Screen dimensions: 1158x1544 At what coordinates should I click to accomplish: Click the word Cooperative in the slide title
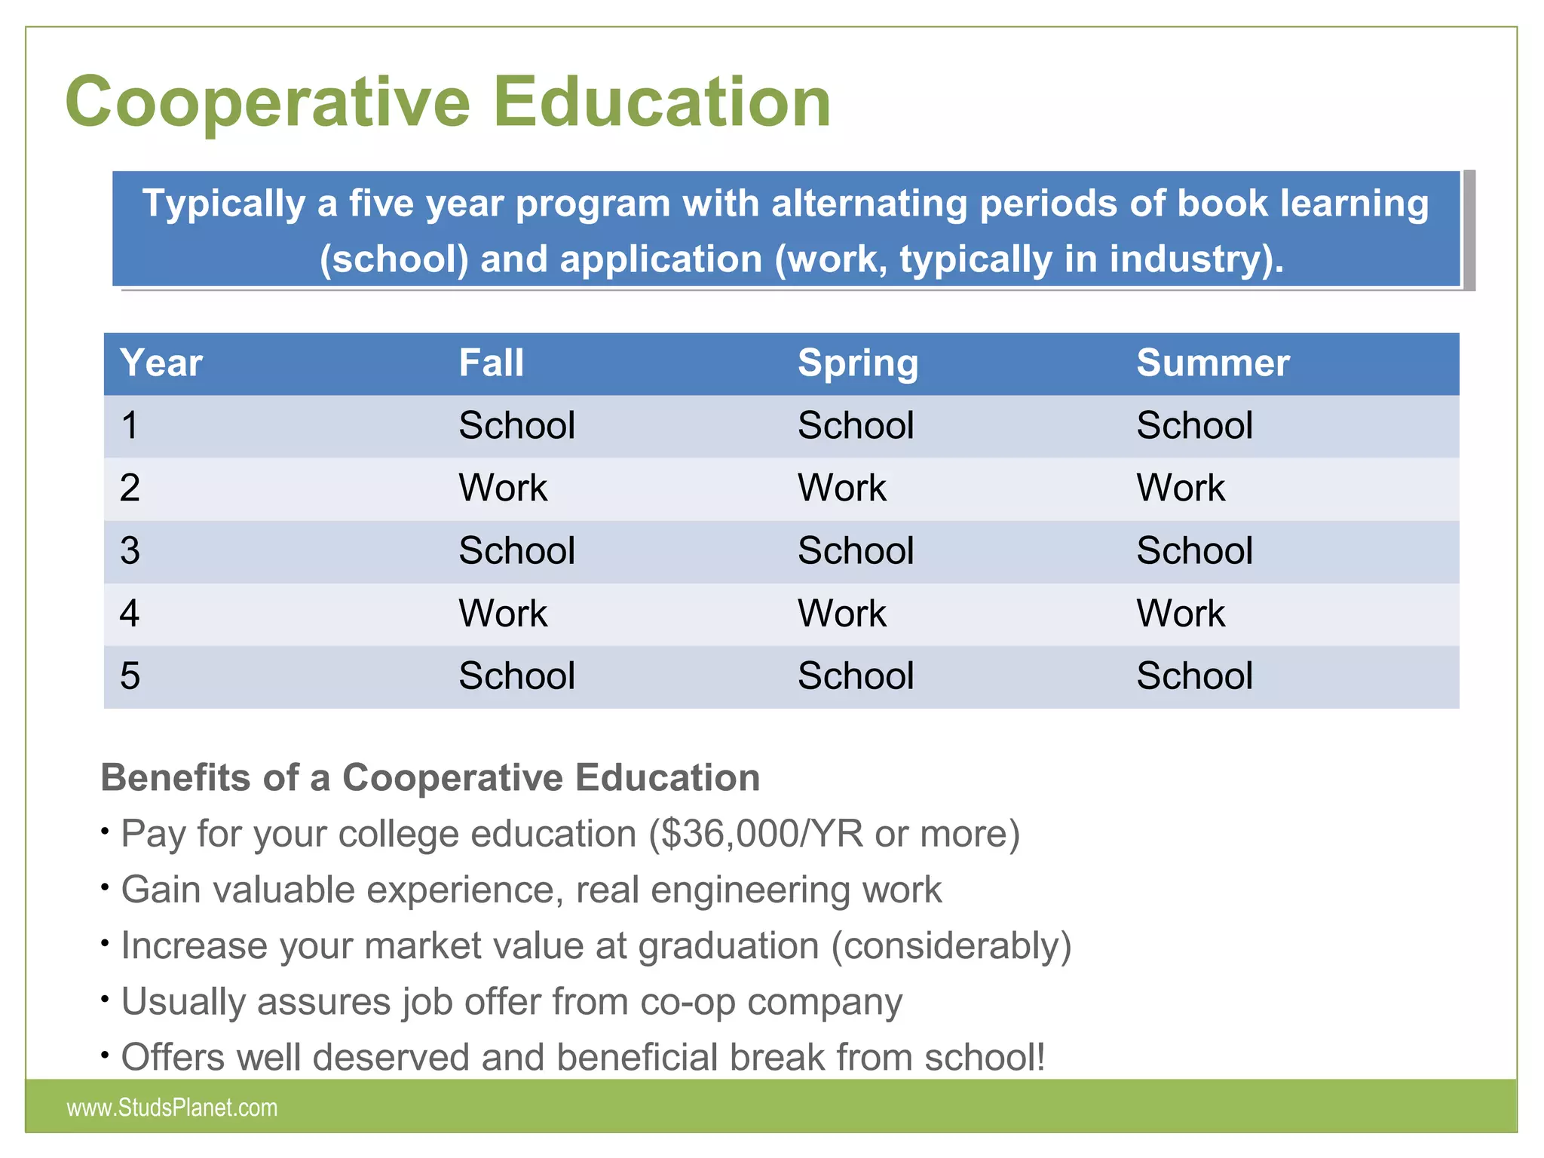[268, 103]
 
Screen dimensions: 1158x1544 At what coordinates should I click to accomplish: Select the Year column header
[161, 363]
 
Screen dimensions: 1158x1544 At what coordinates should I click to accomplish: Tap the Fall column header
[492, 363]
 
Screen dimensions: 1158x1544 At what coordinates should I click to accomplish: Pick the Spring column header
[858, 364]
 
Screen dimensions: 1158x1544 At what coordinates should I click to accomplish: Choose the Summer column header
[1212, 363]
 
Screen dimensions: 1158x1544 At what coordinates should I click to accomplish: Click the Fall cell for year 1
[516, 426]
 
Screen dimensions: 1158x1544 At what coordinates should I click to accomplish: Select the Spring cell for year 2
[841, 489]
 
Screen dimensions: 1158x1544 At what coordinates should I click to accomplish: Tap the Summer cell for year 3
[1194, 551]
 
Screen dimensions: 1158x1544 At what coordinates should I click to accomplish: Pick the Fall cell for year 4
[503, 614]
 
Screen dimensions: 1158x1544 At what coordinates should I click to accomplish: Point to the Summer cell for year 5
[1194, 676]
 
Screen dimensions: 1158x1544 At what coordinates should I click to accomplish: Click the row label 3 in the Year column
[130, 551]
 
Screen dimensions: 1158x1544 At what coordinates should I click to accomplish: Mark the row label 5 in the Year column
[130, 676]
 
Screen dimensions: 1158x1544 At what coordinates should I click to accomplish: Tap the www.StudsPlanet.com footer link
[172, 1107]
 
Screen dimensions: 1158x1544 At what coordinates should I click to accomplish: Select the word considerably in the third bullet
[951, 947]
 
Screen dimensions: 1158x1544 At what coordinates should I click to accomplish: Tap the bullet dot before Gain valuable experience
[106, 887]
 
